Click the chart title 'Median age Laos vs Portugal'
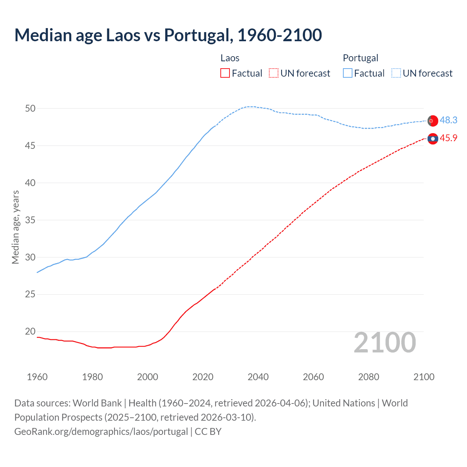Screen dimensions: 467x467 click(x=168, y=35)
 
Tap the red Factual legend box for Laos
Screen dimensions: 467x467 click(x=225, y=73)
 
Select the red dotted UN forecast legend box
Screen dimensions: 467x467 click(x=274, y=73)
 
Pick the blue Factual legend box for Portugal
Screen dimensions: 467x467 click(x=348, y=73)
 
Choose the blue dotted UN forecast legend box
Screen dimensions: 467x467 click(x=396, y=73)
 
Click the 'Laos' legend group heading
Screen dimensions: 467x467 click(x=230, y=58)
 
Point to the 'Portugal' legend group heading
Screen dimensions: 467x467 click(x=360, y=58)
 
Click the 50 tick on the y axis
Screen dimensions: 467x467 click(x=30, y=108)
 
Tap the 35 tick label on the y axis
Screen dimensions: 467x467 click(x=30, y=220)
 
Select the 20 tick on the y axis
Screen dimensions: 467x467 click(x=30, y=332)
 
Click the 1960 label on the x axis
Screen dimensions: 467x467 click(x=37, y=377)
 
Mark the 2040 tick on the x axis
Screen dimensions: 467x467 click(x=258, y=377)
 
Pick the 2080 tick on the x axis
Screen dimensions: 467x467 click(x=368, y=377)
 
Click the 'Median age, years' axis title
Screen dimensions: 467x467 click(x=15, y=227)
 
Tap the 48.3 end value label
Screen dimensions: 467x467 click(x=448, y=120)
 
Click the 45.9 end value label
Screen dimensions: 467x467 click(x=448, y=138)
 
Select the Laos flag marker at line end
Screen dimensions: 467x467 click(x=433, y=139)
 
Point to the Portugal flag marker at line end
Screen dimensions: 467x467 click(x=433, y=120)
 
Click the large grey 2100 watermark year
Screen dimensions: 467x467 click(x=385, y=343)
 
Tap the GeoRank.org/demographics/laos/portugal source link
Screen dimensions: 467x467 click(x=101, y=431)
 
